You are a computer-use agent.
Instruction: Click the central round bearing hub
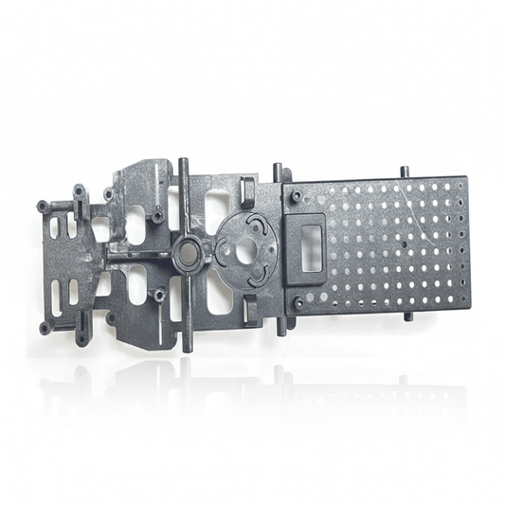click(187, 251)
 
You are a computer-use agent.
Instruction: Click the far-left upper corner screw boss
click(43, 206)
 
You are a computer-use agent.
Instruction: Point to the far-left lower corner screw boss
click(45, 328)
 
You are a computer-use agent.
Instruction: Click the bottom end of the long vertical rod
click(188, 347)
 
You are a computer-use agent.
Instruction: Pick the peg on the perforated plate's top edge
click(405, 172)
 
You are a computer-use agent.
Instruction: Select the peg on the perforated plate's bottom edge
click(408, 315)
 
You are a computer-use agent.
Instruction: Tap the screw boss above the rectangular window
click(297, 196)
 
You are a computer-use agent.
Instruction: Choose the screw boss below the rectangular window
click(298, 303)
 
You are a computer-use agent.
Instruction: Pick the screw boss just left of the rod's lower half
click(159, 294)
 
